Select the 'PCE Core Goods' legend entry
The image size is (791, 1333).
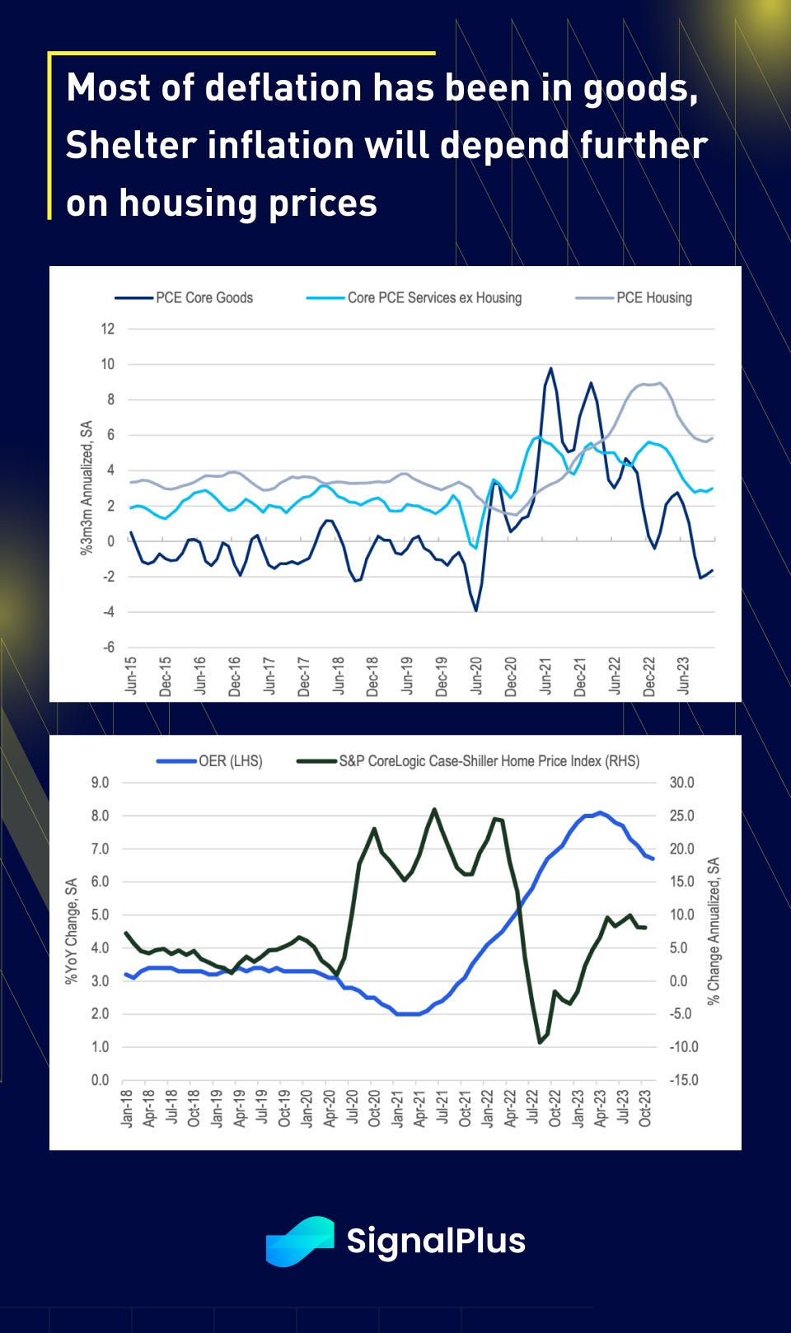coord(204,297)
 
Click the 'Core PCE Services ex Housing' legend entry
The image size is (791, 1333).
coord(434,297)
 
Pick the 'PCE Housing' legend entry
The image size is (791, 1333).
coord(653,297)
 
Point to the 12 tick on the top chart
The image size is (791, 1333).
coord(108,329)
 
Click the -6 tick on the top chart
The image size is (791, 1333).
coord(108,647)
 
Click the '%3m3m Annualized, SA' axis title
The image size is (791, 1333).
coord(87,488)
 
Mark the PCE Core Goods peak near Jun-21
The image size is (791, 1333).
coord(550,368)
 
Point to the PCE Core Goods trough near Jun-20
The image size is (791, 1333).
coord(476,610)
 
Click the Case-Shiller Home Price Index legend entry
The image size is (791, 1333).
coord(489,761)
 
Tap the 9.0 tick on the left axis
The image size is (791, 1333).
coord(100,783)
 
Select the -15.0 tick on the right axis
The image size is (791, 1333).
coord(682,1079)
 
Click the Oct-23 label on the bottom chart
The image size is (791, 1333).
coord(645,1108)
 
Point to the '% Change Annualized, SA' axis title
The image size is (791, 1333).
coord(714,930)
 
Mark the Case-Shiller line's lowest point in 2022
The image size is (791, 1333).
coord(541,1042)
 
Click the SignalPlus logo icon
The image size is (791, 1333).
coord(300,1240)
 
